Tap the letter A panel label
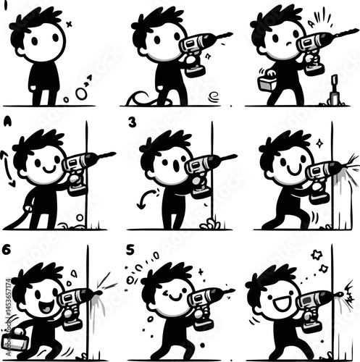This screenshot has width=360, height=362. tap(8, 120)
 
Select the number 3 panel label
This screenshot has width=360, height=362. tap(132, 122)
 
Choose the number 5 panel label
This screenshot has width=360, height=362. tap(130, 250)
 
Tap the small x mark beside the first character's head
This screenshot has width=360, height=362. tap(69, 24)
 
